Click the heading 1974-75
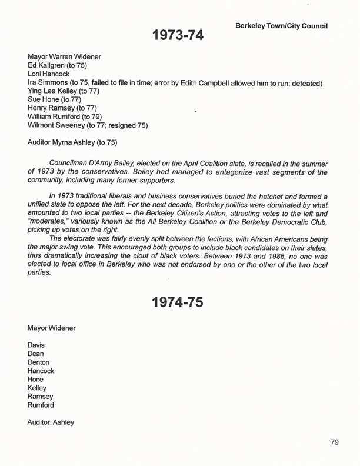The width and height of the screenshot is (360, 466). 177,304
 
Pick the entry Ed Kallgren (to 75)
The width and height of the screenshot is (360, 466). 57,66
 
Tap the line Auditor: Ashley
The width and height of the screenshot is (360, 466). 51,422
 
